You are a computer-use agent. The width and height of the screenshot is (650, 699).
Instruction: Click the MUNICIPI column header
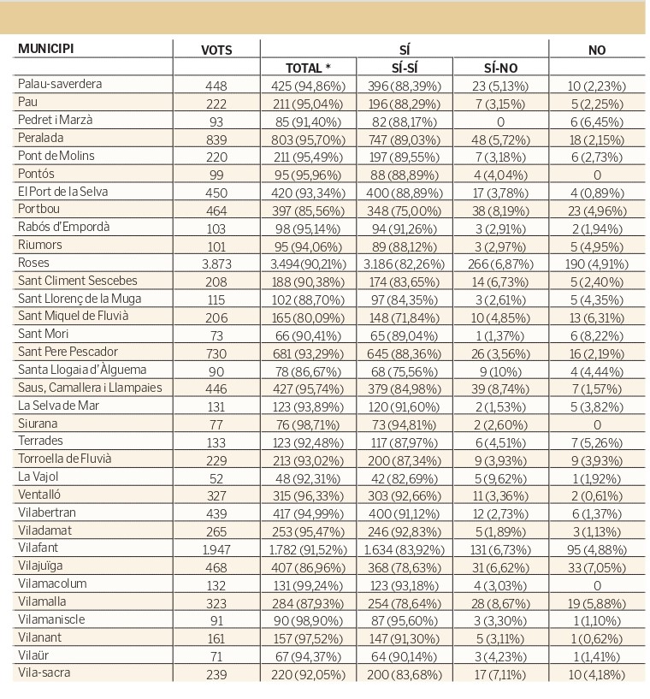[45, 48]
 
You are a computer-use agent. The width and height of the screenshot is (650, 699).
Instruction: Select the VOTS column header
[216, 50]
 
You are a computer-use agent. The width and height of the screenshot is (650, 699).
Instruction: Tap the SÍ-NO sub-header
[500, 68]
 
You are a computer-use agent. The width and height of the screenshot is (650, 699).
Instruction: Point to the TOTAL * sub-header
[308, 68]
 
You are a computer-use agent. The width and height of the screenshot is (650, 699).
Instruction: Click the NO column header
[597, 50]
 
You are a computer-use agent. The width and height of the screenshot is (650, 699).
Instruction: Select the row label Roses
[33, 263]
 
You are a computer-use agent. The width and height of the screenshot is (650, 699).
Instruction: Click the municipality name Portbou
[38, 209]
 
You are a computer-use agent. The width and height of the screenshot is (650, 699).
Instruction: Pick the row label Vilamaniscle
[51, 619]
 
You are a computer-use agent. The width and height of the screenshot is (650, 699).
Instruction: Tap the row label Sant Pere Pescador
[68, 352]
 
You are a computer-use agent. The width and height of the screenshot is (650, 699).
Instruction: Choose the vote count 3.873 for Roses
[216, 264]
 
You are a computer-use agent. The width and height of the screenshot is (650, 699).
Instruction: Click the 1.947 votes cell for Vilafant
[216, 549]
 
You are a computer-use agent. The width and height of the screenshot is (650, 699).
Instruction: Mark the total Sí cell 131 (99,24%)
[308, 585]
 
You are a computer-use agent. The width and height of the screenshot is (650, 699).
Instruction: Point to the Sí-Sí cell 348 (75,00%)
[404, 210]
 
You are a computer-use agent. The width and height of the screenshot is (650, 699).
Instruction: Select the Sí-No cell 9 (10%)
[500, 371]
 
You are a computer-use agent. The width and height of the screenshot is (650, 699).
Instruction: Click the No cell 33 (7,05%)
[597, 567]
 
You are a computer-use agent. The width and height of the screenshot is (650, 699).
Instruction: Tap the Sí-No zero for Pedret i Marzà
[500, 121]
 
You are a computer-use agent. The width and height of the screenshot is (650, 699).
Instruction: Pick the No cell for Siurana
[597, 425]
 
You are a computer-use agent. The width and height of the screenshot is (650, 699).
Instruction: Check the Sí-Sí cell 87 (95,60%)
[404, 621]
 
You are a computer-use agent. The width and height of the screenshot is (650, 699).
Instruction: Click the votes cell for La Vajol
[216, 478]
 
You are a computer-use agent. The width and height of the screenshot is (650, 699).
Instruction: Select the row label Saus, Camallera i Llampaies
[90, 388]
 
